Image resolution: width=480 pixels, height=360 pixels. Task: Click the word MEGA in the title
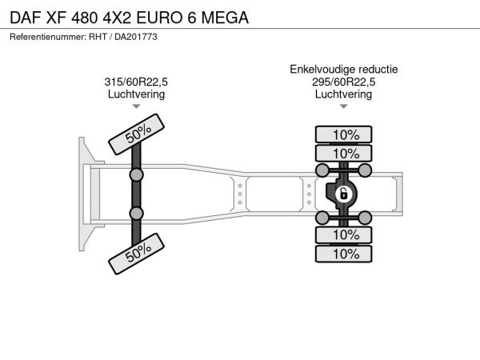click(225, 18)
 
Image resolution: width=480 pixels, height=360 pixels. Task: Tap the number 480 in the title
click(84, 18)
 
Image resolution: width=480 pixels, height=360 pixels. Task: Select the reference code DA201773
click(136, 37)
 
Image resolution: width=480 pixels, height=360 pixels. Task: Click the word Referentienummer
click(48, 37)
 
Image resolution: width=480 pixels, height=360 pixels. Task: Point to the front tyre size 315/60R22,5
click(136, 82)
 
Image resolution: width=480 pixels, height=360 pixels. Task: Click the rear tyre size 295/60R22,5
click(343, 82)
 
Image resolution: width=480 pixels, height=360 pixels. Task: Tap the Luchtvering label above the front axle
click(136, 94)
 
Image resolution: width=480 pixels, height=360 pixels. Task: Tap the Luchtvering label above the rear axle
click(343, 94)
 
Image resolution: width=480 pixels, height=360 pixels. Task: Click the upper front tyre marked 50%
click(137, 134)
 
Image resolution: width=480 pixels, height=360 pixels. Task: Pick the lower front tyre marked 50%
click(137, 254)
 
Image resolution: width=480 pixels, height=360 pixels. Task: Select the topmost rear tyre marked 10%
click(343, 134)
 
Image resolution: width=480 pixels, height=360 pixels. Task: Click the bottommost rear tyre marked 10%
click(343, 254)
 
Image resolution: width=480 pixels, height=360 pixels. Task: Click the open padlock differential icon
click(343, 194)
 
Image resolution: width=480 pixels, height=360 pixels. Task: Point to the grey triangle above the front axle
click(136, 106)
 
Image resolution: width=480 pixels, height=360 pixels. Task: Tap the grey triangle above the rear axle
click(343, 106)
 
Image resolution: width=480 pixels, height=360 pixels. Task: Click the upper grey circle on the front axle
click(136, 175)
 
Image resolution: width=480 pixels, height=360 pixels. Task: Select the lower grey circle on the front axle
click(136, 214)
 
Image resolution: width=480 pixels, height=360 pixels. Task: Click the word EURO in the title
click(159, 18)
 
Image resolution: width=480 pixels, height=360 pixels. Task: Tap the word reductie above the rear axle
click(378, 70)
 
